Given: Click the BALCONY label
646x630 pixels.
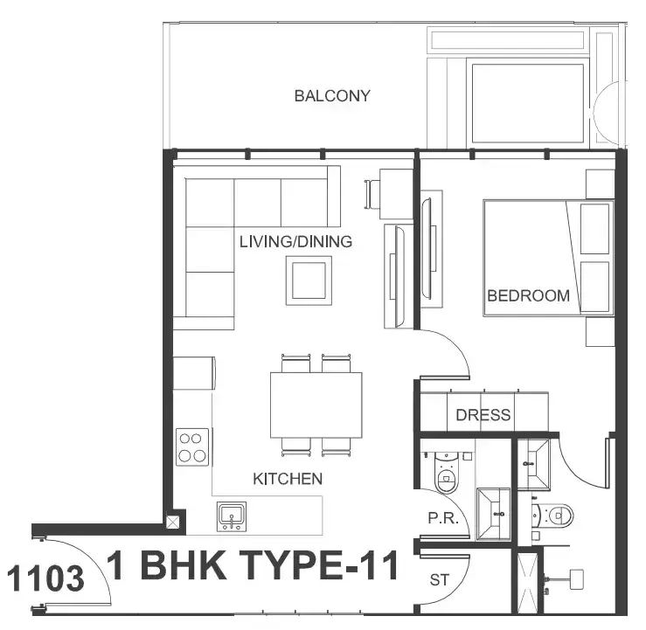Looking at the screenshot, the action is point(332,96).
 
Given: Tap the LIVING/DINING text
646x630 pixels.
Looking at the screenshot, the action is point(295,242).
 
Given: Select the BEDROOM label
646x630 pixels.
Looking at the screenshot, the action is point(528,295).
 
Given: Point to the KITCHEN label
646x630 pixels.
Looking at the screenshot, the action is point(288,479).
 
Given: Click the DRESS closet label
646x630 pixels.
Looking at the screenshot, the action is point(483,415).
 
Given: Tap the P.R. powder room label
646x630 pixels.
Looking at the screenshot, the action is point(443,518).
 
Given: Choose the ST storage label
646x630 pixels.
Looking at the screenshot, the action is point(439,580).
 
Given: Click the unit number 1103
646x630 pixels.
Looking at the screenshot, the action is point(45,578).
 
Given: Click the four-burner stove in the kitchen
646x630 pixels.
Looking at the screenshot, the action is point(192,447).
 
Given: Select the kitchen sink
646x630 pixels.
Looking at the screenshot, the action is point(232,516).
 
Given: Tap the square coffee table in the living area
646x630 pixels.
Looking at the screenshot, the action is point(309,280).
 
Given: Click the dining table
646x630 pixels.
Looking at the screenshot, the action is point(316,405).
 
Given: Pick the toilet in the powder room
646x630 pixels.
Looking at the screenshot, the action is point(447,473).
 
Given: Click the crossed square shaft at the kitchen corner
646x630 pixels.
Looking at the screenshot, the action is point(172,523).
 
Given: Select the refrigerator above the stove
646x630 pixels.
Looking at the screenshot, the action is point(194,373).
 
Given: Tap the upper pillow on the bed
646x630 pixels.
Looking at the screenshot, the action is point(594,229).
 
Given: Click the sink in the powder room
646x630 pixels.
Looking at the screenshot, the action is point(493,514).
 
